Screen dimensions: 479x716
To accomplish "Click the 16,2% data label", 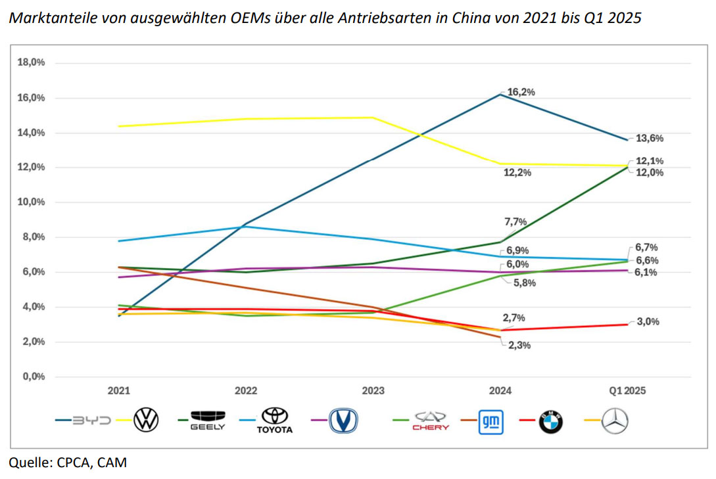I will pos(521,92).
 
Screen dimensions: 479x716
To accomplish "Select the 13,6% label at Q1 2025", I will pos(650,139).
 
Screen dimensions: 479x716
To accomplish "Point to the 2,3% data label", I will pos(517,345).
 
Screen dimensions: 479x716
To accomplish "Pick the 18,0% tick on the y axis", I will pos(31,63).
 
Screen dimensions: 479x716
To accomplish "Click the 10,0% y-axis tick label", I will pos(31,202).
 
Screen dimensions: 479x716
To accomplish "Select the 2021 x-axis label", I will pos(119,390).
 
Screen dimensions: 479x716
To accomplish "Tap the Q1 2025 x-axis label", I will pos(626,390).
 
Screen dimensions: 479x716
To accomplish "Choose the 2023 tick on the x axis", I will pos(373,390).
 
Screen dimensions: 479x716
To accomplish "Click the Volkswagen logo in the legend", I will pos(146,421).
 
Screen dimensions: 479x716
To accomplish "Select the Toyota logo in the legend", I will pos(274,421).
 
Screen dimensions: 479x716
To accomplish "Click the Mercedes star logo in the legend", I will pos(615,421).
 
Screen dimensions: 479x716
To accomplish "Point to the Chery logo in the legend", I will pos(430,421).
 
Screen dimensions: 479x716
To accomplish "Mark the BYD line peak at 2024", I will pos(500,95).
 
